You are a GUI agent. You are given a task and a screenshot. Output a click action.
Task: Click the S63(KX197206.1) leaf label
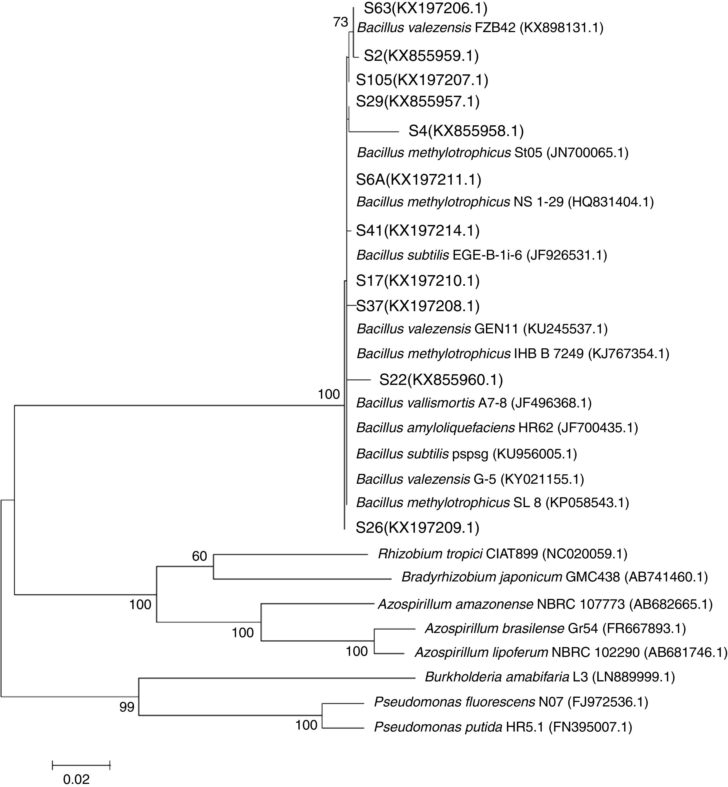pos(425,8)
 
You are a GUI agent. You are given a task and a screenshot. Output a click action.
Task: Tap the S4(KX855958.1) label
pos(466,131)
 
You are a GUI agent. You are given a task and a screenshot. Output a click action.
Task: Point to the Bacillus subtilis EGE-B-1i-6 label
pos(481,255)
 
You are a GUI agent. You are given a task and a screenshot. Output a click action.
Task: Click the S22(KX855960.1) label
pos(441,380)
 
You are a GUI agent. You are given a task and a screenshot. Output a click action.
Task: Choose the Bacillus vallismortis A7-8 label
pos(474,403)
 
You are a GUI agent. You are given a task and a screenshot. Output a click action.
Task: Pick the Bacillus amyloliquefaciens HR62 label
pos(497,428)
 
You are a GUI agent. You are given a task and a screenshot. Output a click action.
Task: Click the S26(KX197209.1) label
pos(417,528)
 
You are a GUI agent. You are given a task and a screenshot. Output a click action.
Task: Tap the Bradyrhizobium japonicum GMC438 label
pos(554,577)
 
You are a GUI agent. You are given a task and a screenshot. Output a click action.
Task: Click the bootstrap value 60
pos(199,556)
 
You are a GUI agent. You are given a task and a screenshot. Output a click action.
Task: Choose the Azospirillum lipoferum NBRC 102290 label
pos(570,653)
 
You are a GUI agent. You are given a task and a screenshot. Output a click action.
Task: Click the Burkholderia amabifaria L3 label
pos(550,677)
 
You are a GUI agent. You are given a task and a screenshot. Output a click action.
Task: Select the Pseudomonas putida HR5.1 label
pos(503,727)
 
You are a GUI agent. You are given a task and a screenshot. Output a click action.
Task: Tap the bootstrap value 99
pos(127,707)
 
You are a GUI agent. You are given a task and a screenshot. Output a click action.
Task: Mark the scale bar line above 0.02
pos(81,765)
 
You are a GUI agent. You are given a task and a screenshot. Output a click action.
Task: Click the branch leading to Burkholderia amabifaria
pos(276,678)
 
